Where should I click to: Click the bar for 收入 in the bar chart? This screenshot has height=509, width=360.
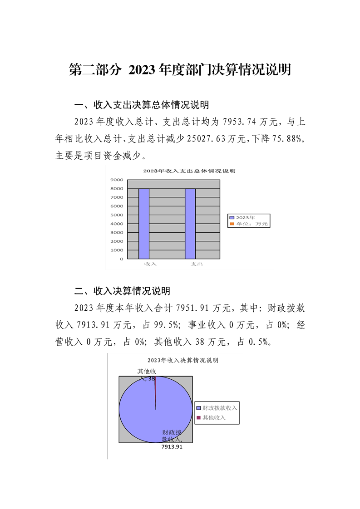(x=143, y=224)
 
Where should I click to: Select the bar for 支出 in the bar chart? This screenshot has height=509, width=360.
(x=190, y=224)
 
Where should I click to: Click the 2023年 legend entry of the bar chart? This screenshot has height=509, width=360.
(x=245, y=218)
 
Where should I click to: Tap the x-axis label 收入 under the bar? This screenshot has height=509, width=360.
(x=150, y=264)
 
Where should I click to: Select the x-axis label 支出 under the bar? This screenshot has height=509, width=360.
(x=197, y=264)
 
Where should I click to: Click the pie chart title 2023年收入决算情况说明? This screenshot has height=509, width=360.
(x=183, y=360)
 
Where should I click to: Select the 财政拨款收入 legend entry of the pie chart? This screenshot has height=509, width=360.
(x=217, y=408)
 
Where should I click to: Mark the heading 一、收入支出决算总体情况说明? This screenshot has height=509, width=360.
(x=142, y=105)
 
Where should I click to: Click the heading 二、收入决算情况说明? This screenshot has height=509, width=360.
(x=122, y=291)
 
